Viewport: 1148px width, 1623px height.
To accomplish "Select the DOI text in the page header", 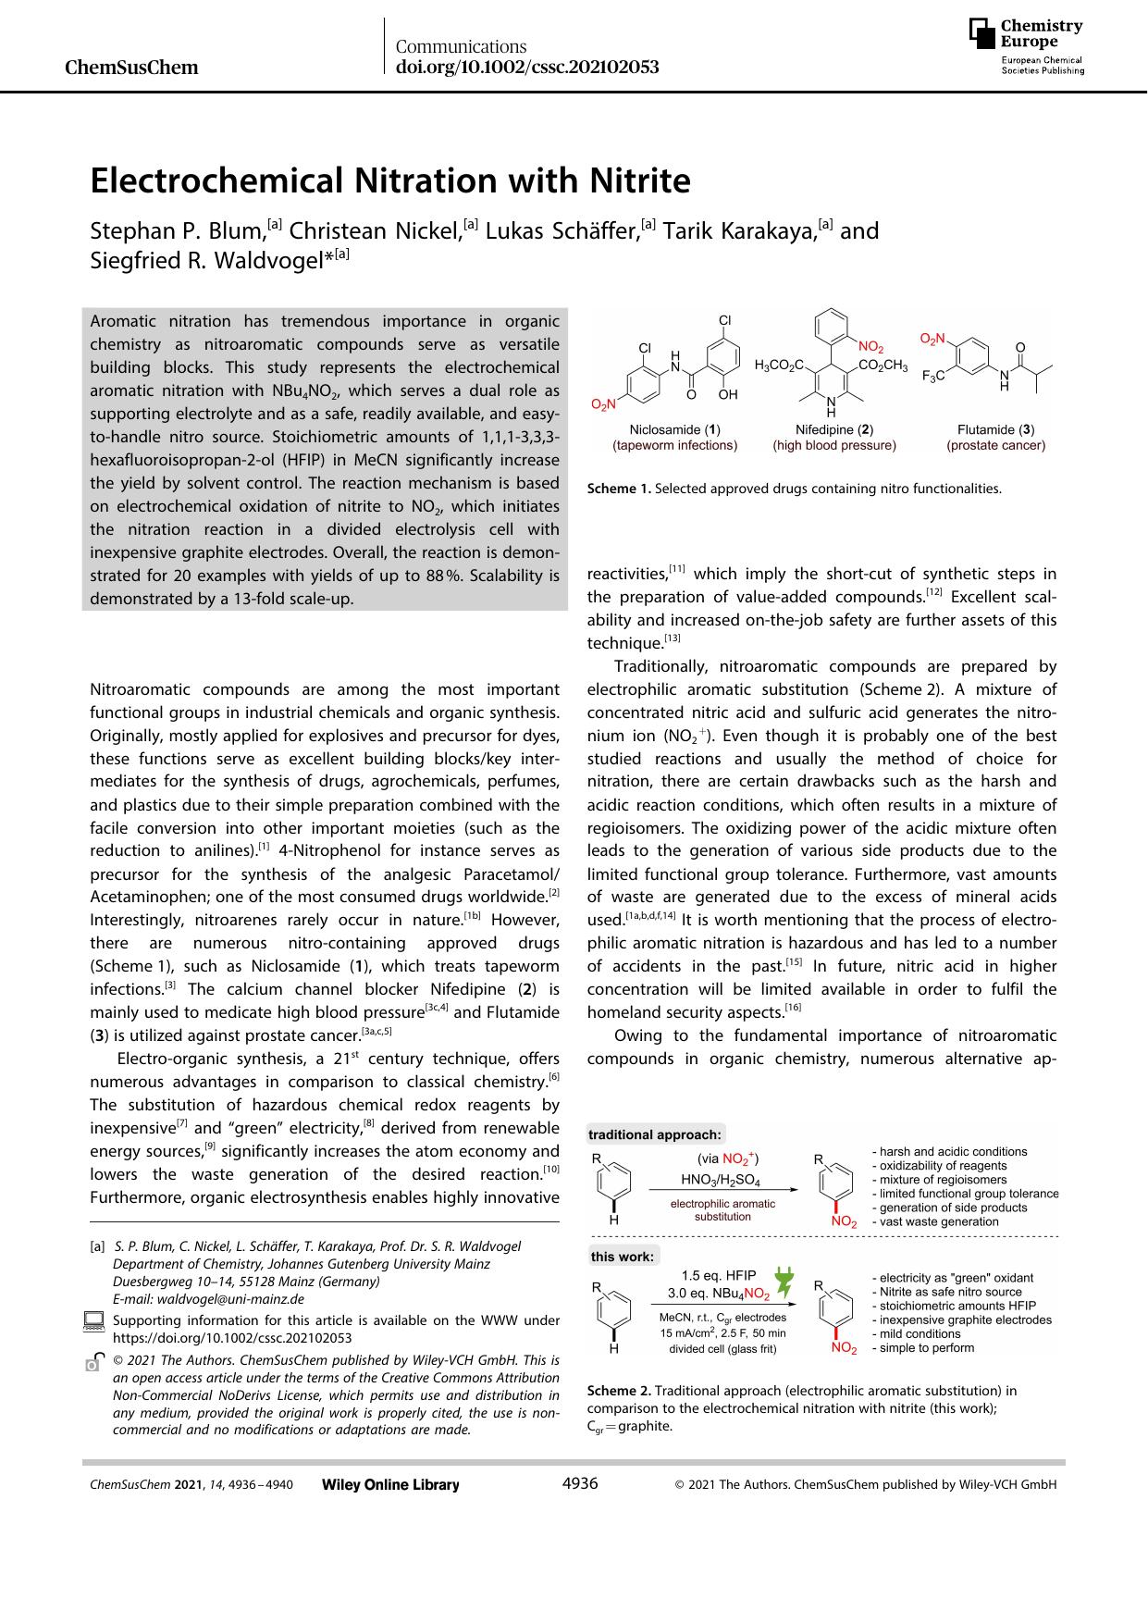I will pos(526,68).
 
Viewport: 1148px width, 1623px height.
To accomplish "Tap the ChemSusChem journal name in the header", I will pos(132,68).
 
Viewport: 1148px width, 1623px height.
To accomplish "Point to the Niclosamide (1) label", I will pos(674,429).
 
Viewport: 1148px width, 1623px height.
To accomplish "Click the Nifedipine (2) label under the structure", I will pos(834,429).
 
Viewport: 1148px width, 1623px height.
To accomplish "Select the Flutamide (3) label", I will pos(995,429).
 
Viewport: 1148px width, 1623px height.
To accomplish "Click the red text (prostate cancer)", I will pos(995,445).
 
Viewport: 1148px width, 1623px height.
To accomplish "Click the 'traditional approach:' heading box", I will pos(655,1134).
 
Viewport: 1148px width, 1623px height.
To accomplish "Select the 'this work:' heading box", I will pos(623,1257).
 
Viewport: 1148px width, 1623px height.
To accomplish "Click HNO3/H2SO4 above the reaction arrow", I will pos(721,1180).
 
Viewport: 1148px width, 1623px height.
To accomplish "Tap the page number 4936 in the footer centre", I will pos(580,1483).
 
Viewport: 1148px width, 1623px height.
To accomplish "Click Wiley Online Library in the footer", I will pos(390,1484).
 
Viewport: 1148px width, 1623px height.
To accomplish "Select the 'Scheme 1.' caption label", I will pos(619,489).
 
